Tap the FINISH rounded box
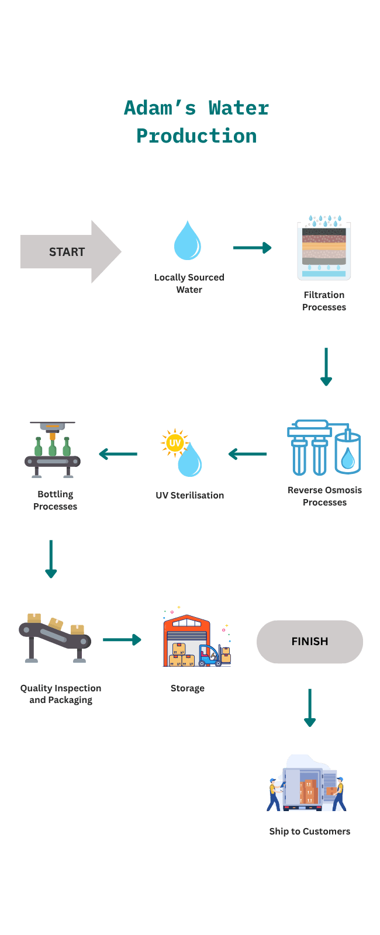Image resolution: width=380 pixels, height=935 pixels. [310, 642]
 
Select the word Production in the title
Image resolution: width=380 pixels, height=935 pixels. [196, 136]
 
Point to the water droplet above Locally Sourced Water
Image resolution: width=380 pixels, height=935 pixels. [187, 241]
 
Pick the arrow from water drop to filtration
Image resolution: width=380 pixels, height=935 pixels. [252, 248]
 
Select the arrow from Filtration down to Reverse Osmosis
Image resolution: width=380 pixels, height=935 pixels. [326, 366]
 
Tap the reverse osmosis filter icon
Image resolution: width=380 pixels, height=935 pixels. [323, 448]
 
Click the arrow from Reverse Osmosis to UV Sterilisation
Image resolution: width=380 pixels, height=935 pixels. [248, 453]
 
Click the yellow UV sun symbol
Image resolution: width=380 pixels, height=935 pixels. [174, 443]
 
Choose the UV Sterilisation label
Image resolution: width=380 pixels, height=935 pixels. [189, 496]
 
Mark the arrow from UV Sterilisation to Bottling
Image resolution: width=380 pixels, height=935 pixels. [118, 453]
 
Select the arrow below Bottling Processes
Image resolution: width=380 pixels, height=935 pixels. [51, 559]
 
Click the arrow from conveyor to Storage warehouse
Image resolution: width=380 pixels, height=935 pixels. [122, 639]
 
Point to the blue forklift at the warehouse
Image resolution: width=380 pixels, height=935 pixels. [211, 656]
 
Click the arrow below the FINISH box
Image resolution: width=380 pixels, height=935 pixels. [310, 707]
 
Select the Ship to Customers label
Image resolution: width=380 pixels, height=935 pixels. [309, 832]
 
